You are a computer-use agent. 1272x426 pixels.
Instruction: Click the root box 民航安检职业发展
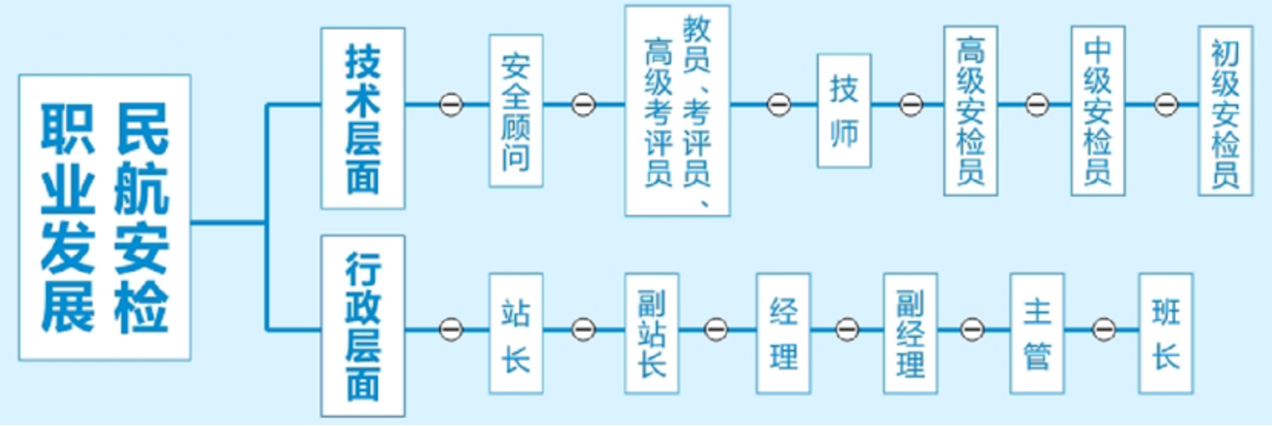(105, 217)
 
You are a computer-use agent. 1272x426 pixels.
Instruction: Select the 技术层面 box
(363, 118)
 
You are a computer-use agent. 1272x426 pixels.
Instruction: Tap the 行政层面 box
(363, 325)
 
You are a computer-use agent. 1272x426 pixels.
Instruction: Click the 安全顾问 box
(516, 111)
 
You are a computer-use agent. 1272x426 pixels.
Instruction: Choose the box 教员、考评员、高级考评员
(677, 111)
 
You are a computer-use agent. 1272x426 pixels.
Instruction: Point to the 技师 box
(844, 111)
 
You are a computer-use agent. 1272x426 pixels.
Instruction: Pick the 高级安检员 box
(970, 111)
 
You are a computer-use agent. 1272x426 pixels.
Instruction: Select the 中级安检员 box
(1097, 111)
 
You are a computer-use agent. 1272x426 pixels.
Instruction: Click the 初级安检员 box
(1225, 111)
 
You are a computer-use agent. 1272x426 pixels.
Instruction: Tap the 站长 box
(516, 333)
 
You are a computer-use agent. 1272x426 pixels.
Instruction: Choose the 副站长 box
(651, 333)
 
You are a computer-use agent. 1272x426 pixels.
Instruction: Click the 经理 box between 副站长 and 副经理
(783, 333)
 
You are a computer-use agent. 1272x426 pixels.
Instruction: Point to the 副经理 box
(910, 333)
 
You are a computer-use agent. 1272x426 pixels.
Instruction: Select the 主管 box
(1037, 333)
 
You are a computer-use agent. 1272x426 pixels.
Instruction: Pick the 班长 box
(1166, 333)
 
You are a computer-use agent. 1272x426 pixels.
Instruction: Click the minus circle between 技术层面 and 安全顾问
(451, 105)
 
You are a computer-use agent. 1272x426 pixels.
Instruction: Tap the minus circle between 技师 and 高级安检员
(911, 105)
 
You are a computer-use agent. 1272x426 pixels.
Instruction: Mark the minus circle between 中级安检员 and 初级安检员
(1166, 105)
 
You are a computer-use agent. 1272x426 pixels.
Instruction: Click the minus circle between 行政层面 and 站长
(451, 329)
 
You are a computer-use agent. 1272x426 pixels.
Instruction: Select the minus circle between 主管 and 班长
(1104, 329)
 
